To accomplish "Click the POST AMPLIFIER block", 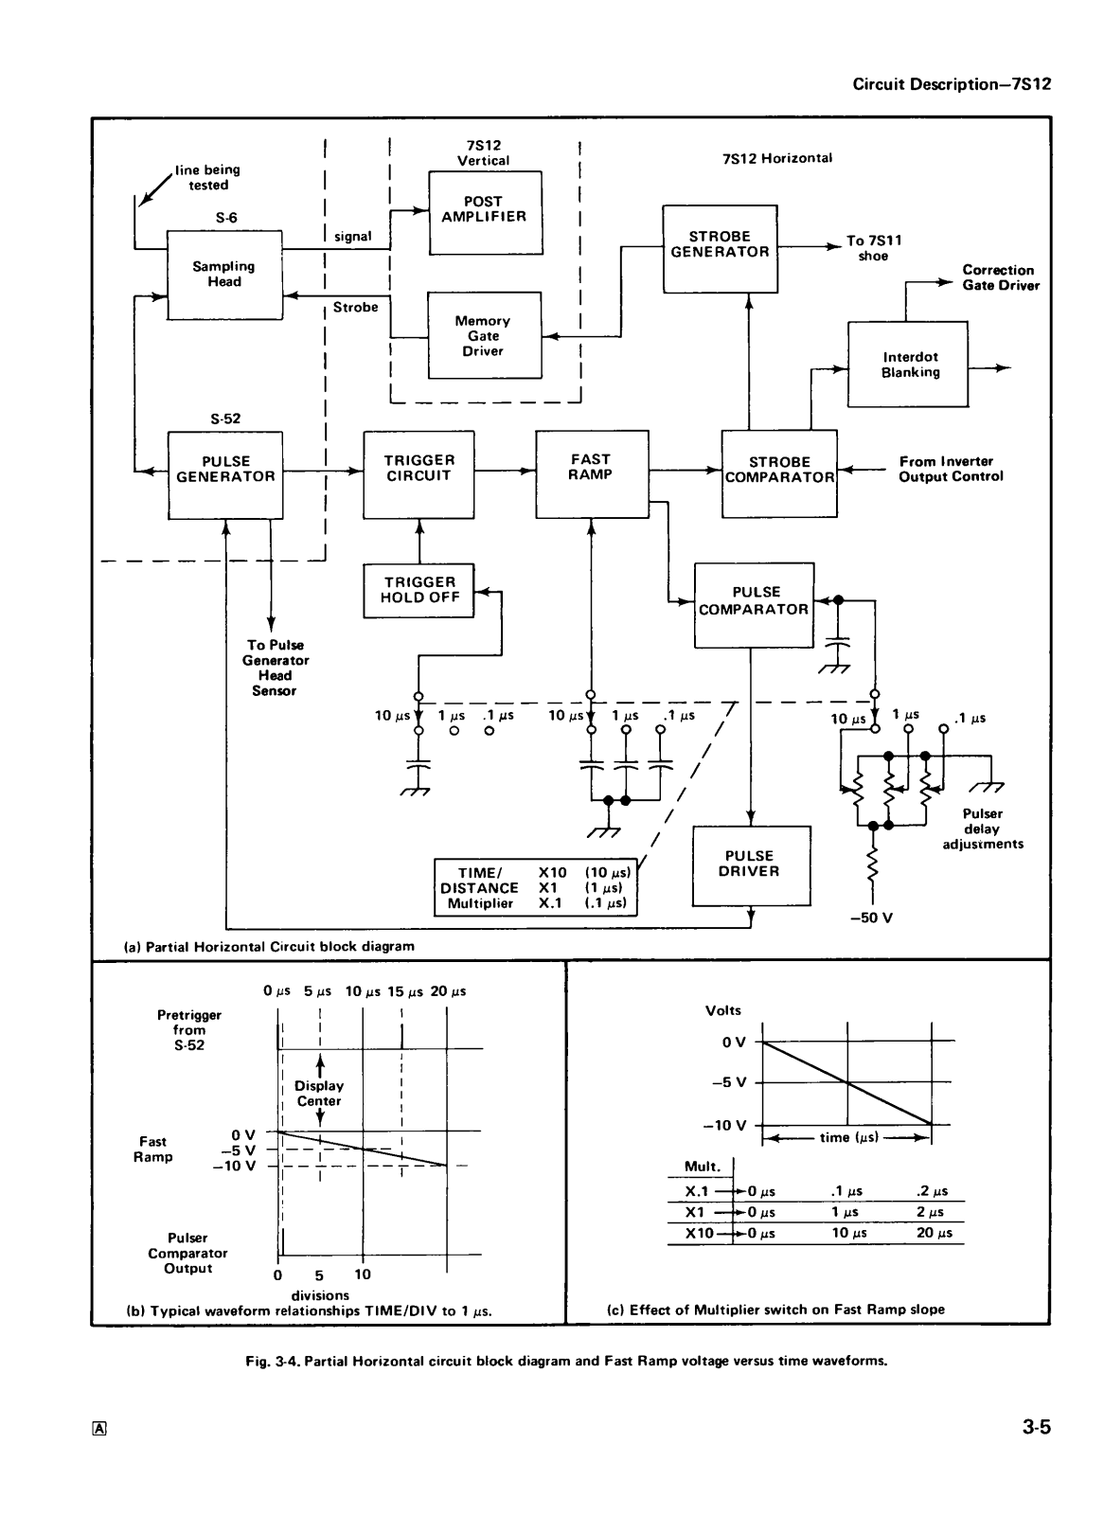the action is coord(485,212).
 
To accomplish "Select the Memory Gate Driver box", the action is coord(485,335).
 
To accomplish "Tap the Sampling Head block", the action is coord(224,275).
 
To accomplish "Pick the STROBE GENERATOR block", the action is coord(720,249).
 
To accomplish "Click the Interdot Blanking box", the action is coord(908,364).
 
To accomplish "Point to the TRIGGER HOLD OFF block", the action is coord(418,591).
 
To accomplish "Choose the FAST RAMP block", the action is coord(592,474).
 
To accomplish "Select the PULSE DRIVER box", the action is coord(751,865).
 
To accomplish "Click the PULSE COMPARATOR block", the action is coord(755,605).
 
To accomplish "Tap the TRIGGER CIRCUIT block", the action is coord(418,474).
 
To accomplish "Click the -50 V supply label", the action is coord(871,918).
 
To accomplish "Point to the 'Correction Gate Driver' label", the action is coord(1001,278).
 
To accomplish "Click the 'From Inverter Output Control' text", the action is coord(951,469).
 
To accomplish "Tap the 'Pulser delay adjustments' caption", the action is coord(982,829).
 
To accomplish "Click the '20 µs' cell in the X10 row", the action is coord(935,1233).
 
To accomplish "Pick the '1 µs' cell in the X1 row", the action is coord(845,1212).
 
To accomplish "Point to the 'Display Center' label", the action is coord(319,1093).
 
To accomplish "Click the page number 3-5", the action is coord(1037,1427).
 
